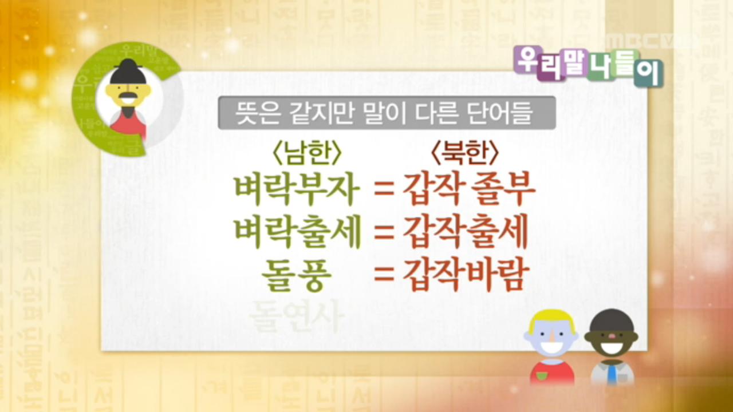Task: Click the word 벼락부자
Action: tap(297, 192)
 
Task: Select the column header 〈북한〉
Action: tap(464, 153)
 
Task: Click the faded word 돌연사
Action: tap(297, 315)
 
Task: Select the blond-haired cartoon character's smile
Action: tap(551, 347)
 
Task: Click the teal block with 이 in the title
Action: tap(648, 73)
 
